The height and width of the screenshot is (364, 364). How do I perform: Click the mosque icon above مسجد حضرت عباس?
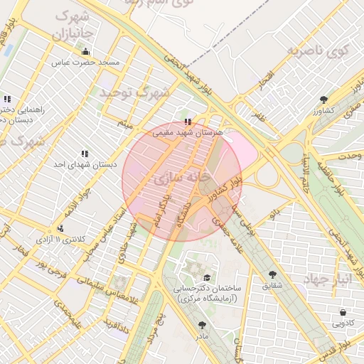(86, 51)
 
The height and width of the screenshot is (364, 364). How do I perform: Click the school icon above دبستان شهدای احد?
(85, 154)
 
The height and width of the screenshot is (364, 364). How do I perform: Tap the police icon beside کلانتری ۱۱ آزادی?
(60, 228)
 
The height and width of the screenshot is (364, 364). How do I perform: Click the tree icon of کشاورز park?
(324, 100)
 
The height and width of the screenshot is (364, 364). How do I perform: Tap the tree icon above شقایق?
(272, 274)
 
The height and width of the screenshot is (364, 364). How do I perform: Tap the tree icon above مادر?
(202, 325)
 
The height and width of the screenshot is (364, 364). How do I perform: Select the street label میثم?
(125, 124)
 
